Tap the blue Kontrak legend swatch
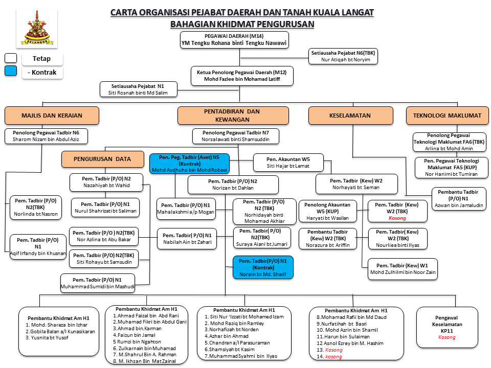(x=11, y=72)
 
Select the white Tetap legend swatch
(x=11, y=58)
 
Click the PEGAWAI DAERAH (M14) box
(x=234, y=40)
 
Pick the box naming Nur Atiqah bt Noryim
(x=343, y=56)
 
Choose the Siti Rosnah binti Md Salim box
(x=139, y=89)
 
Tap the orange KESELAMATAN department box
(x=350, y=116)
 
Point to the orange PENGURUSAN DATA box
(x=102, y=159)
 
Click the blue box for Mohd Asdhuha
(x=190, y=163)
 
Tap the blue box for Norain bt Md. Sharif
(x=263, y=267)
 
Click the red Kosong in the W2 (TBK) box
(x=397, y=218)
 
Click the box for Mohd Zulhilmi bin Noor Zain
(x=403, y=269)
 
